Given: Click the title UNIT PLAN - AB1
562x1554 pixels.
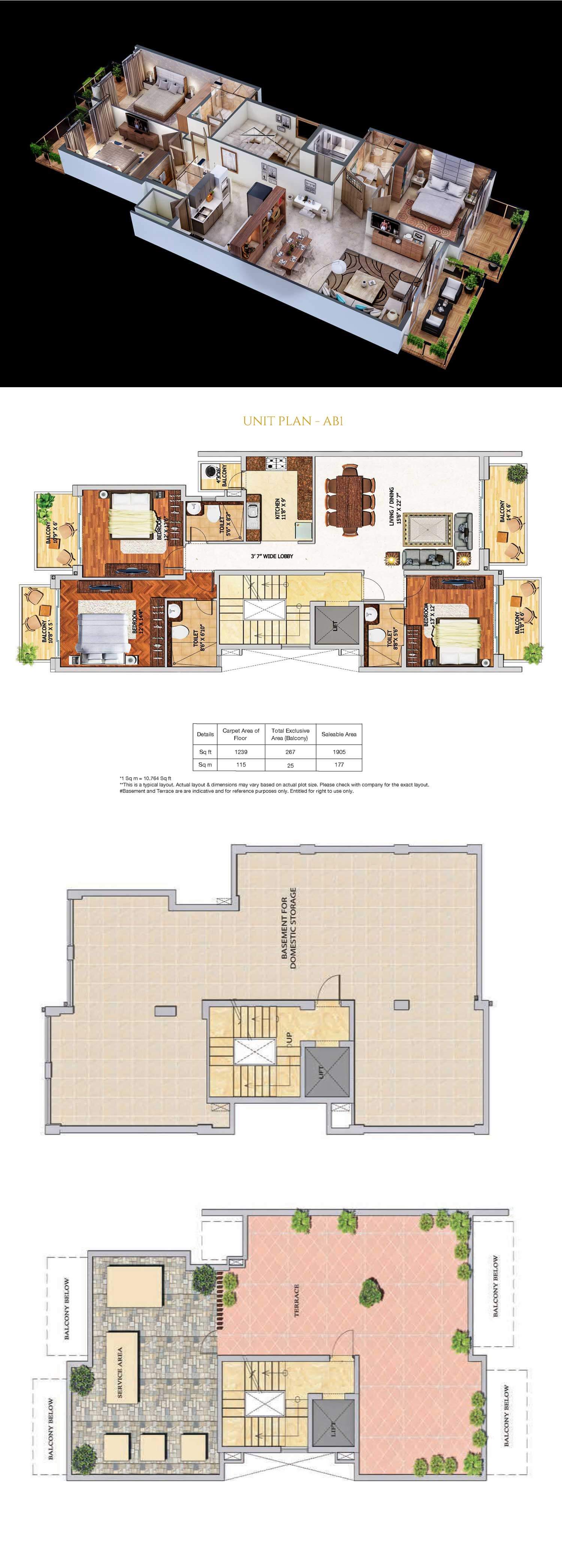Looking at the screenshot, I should (x=293, y=421).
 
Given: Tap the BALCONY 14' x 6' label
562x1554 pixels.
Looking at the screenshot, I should (x=505, y=514).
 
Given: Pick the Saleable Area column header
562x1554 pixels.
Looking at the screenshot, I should (x=339, y=734).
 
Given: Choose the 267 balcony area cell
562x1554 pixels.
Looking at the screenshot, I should (x=290, y=752).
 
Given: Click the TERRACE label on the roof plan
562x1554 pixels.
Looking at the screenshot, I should (x=296, y=1300).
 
